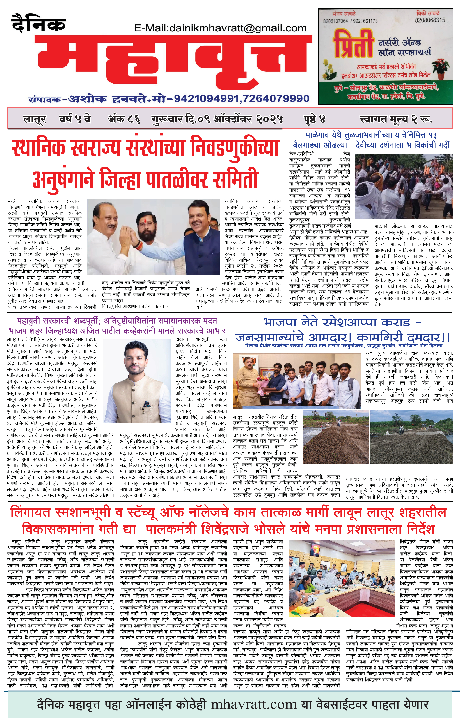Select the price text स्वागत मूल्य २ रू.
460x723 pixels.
pos(396,119)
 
